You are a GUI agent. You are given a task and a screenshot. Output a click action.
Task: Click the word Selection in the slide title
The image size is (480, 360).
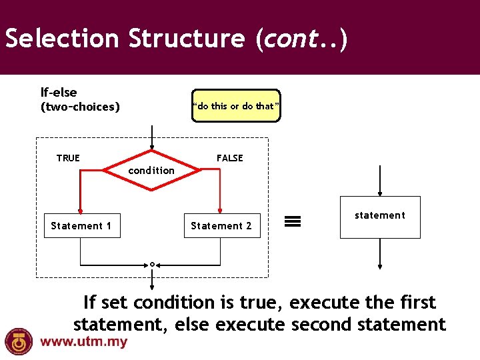[x=62, y=39]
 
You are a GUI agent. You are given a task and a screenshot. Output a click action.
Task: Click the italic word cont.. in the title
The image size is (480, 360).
[x=301, y=39]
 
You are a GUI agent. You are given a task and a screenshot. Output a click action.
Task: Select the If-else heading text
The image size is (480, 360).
[x=59, y=93]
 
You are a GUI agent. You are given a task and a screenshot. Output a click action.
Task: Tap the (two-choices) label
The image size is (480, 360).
[x=80, y=107]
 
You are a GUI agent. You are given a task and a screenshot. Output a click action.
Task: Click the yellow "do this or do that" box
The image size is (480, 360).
[x=236, y=106]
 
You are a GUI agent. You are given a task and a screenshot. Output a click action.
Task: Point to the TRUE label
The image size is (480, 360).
[x=68, y=158]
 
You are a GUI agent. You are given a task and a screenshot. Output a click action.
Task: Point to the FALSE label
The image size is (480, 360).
[x=229, y=158]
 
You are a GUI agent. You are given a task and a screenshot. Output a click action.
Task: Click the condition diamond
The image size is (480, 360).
[x=152, y=171]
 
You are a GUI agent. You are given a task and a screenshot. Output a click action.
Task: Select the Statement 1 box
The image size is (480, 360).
[x=81, y=226]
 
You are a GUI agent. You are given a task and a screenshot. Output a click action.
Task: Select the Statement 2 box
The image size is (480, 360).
[x=221, y=226]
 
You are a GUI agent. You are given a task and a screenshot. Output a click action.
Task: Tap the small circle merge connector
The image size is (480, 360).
[x=152, y=265]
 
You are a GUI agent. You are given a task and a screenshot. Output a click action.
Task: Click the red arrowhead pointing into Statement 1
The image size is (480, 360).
[x=81, y=209]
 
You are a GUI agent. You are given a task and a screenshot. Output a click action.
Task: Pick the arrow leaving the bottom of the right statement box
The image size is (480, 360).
[x=379, y=257]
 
